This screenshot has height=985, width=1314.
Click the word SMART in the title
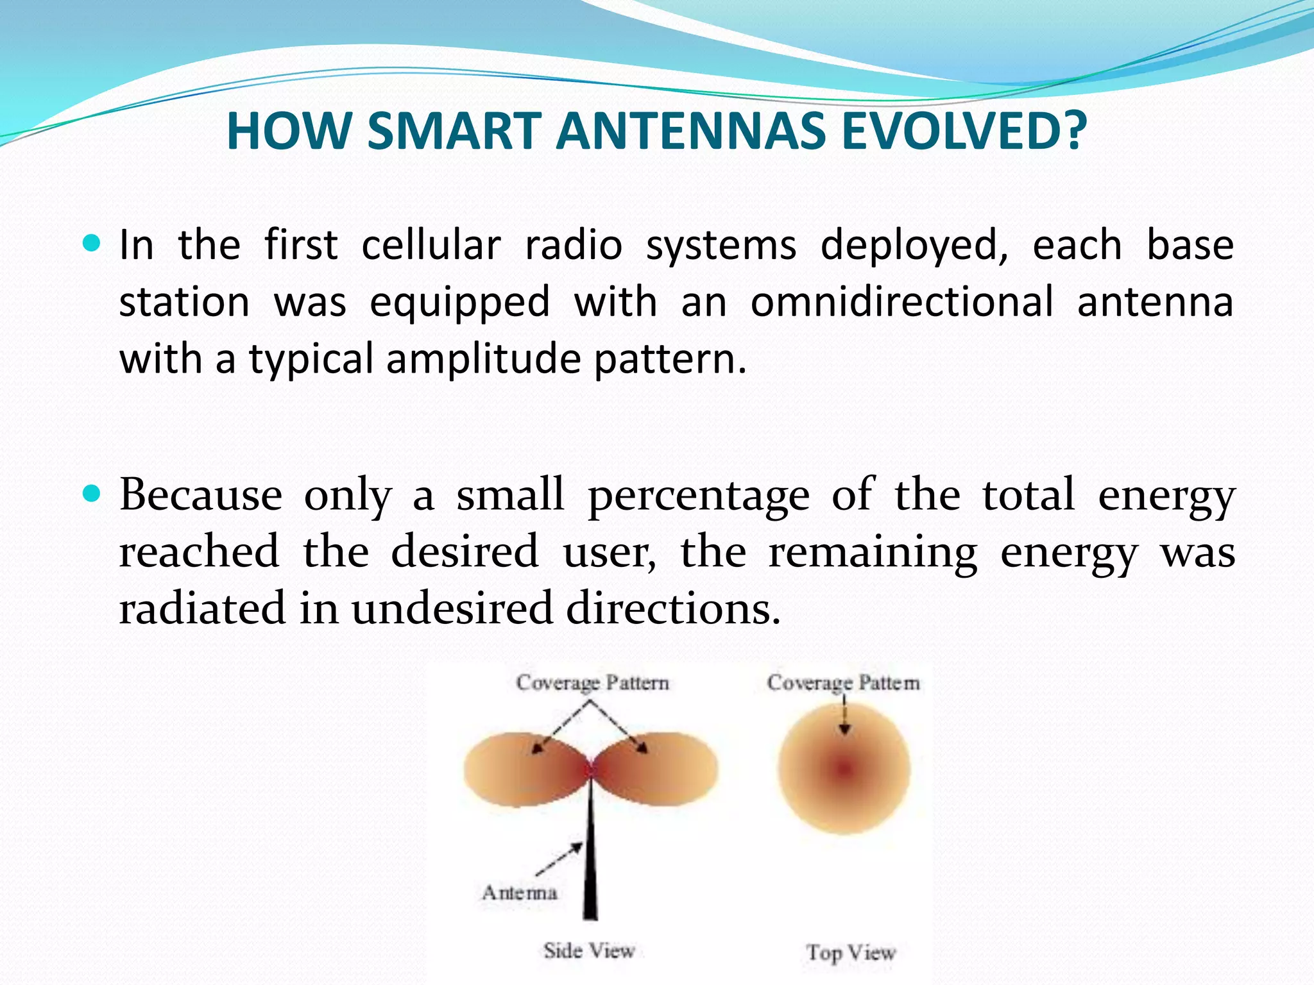pos(454,131)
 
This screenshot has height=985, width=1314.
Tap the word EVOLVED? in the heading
pos(964,131)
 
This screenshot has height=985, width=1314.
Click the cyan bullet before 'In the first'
pos(92,244)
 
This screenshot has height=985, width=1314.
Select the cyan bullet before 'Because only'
pos(92,493)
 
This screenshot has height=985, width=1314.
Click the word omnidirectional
pos(901,301)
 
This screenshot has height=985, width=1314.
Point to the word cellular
pos(431,245)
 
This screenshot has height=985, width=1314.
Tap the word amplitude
pos(483,358)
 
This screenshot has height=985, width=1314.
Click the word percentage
pos(699,496)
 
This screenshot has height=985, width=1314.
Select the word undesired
pos(452,608)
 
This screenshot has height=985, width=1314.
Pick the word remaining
pos(873,552)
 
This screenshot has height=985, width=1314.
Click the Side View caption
pos(588,950)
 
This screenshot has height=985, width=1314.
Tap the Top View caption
pos(851,952)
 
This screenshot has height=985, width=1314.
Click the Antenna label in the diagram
pos(519,892)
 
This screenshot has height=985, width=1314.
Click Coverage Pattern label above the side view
pos(592,682)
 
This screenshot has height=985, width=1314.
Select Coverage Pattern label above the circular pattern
pos(843,682)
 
